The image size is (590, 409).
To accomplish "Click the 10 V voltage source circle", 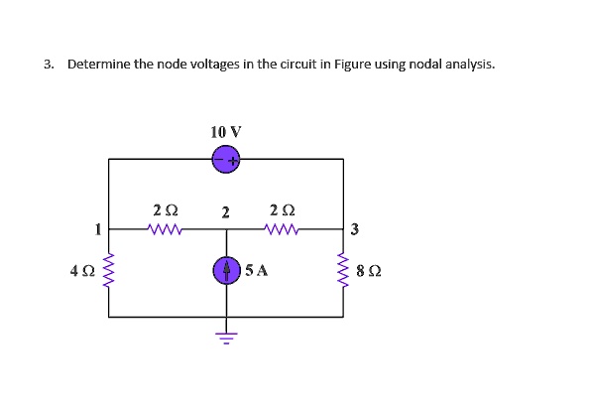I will (x=226, y=159).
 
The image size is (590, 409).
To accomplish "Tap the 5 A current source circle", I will (x=226, y=270).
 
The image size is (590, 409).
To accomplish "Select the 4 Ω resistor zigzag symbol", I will (x=109, y=270).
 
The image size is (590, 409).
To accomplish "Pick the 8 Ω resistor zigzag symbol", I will (x=344, y=270).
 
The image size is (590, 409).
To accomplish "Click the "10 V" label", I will (x=226, y=131).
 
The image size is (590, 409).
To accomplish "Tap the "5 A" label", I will (x=257, y=270).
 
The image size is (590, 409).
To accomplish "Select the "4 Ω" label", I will (x=81, y=270).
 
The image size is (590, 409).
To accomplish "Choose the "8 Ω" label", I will (x=368, y=270).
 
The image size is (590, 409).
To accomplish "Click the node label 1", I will (x=97, y=229).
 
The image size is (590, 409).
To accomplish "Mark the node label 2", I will (x=226, y=212).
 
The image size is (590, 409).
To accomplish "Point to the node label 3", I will (x=355, y=230).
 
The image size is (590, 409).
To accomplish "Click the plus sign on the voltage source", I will (x=233, y=159).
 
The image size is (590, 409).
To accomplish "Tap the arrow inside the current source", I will (x=226, y=269).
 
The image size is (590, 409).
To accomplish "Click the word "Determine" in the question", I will (x=98, y=65).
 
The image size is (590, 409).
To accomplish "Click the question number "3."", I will (x=49, y=65).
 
